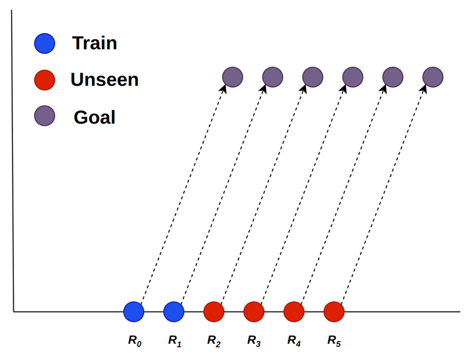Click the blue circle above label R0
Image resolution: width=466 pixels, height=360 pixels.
[x=134, y=312]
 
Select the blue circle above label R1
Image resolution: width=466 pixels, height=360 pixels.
[x=174, y=312]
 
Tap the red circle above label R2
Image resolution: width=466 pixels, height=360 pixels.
[x=214, y=312]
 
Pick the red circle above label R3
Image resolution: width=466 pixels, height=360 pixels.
[x=254, y=312]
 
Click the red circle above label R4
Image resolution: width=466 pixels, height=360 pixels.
[x=294, y=312]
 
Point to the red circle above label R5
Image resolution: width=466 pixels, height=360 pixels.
[x=334, y=312]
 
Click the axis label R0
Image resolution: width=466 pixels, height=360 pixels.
[x=134, y=340]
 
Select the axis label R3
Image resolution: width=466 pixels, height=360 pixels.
[x=254, y=340]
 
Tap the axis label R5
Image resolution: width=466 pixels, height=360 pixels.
[x=334, y=340]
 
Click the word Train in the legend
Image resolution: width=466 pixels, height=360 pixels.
[x=94, y=43]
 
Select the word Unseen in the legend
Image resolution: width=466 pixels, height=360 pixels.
[x=104, y=80]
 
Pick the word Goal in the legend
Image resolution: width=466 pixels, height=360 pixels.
[x=94, y=117]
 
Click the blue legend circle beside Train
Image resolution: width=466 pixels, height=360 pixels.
[x=44, y=43]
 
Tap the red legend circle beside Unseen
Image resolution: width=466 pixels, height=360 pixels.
[x=44, y=80]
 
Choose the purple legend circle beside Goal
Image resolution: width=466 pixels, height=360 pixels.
[x=44, y=116]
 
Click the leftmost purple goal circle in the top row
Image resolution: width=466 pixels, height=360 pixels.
[x=233, y=77]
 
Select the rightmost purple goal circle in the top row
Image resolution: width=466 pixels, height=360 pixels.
[x=433, y=77]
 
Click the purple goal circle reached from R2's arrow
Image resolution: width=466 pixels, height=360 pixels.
[x=313, y=77]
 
